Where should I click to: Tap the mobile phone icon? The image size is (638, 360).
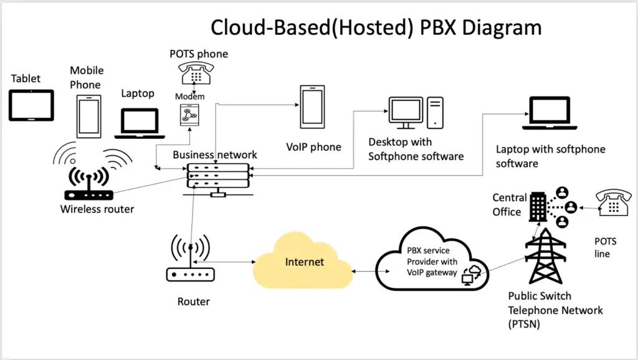point(88,116)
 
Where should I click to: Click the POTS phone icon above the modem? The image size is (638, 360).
point(195,73)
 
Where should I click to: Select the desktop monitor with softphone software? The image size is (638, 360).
point(406,112)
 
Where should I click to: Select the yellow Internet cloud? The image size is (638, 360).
point(303,262)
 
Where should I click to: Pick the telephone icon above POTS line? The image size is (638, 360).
point(614,204)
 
